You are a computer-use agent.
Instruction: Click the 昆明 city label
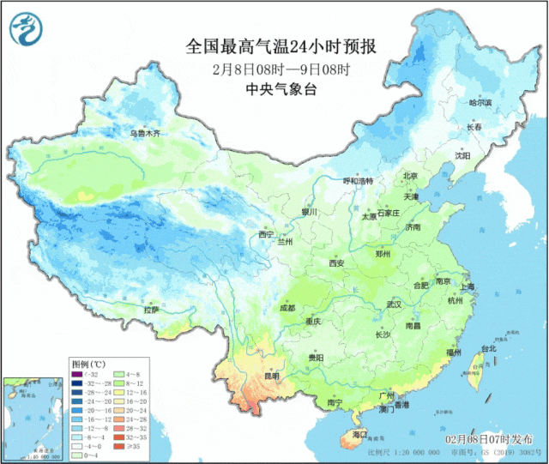[x=272, y=376]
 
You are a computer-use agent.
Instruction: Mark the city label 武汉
[x=394, y=304]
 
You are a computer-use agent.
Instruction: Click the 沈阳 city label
[x=463, y=156]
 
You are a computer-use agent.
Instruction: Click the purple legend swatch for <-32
[x=78, y=374]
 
